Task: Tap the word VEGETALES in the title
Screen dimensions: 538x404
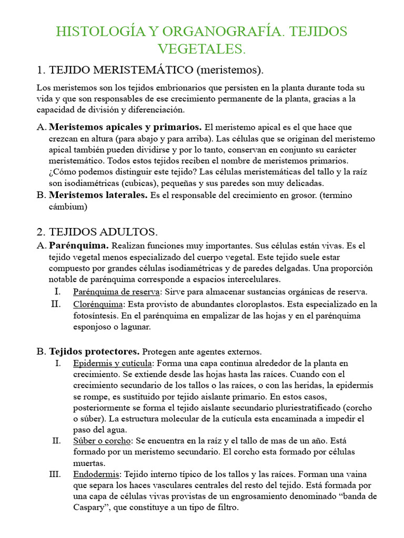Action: pos(202,49)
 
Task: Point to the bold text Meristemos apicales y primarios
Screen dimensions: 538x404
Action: pos(125,127)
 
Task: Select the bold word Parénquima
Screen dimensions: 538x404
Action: pos(79,245)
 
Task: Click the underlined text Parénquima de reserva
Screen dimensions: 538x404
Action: pos(116,292)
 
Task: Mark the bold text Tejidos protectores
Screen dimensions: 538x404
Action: pos(95,351)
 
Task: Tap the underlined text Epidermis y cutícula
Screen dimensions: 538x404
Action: pos(113,363)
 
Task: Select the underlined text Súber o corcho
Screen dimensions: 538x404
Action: pos(102,440)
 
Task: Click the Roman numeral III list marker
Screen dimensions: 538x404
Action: pos(55,474)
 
